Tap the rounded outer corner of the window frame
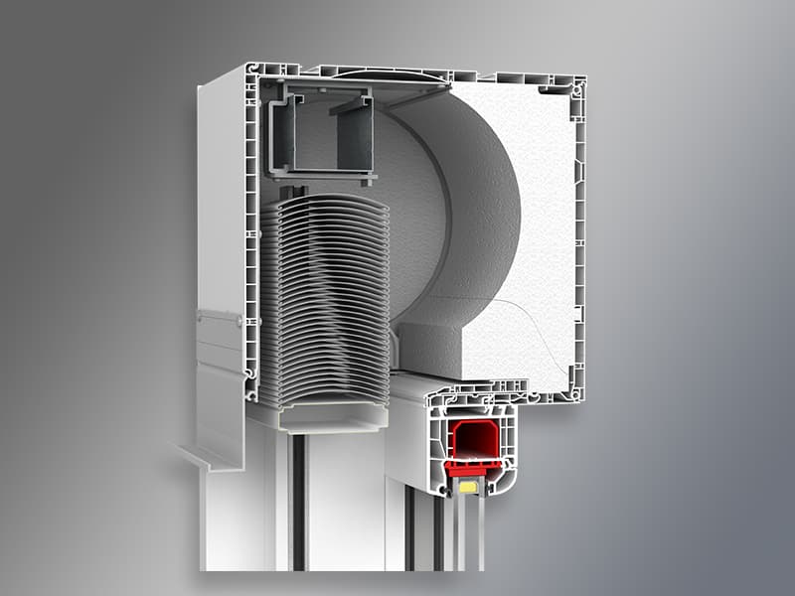click(x=507, y=482)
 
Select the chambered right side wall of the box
click(x=576, y=238)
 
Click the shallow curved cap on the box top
click(x=383, y=74)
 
